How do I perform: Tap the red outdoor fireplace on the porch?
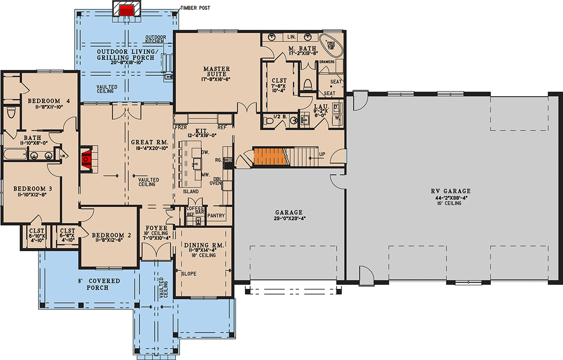126,10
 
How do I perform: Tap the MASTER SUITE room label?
216,72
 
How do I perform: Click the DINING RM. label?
203,245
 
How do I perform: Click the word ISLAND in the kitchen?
190,191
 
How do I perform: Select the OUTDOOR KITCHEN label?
154,39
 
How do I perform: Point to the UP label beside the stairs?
321,154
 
